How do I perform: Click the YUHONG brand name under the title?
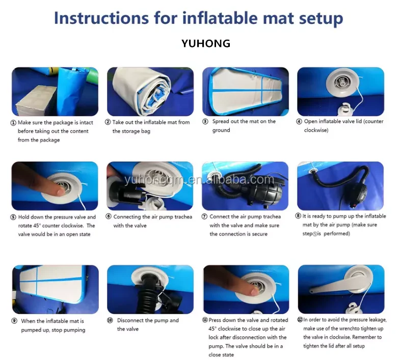pyautogui.click(x=206, y=43)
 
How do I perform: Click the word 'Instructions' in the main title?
pyautogui.click(x=101, y=18)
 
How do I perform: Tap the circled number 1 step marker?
pyautogui.click(x=13, y=123)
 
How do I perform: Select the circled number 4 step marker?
pyautogui.click(x=299, y=122)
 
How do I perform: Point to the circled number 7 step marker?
pyautogui.click(x=204, y=216)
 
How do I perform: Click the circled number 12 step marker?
pyautogui.click(x=300, y=320)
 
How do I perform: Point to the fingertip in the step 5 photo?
pyautogui.click(x=61, y=191)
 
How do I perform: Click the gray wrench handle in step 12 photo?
pyautogui.click(x=328, y=287)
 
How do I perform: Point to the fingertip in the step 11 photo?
pyautogui.click(x=254, y=292)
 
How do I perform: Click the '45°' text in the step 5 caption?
pyautogui.click(x=37, y=226)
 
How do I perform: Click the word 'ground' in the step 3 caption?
pyautogui.click(x=221, y=130)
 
